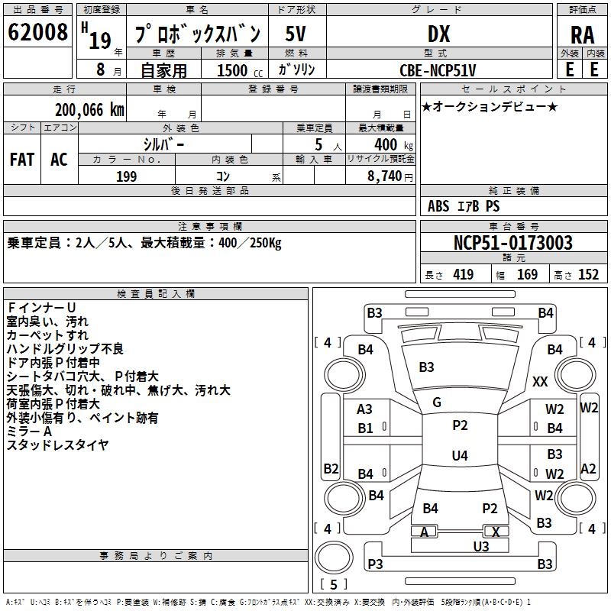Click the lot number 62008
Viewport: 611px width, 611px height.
tap(37, 33)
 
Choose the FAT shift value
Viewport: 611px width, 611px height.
tap(21, 159)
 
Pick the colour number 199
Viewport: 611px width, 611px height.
tap(127, 176)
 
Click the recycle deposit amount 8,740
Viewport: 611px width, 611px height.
tap(386, 176)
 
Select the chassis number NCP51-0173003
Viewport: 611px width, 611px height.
tap(512, 243)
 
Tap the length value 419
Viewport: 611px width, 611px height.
tap(462, 275)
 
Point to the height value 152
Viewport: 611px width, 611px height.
tap(588, 275)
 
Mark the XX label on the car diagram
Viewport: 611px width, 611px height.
tap(540, 381)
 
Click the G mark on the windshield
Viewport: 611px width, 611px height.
tap(437, 402)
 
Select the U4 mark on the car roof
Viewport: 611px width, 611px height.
tap(459, 456)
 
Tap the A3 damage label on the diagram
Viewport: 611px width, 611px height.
tap(365, 409)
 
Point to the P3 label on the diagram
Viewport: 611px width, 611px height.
tap(374, 564)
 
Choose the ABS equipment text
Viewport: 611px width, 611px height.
tap(438, 206)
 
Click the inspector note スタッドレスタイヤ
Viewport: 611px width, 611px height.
tap(57, 445)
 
